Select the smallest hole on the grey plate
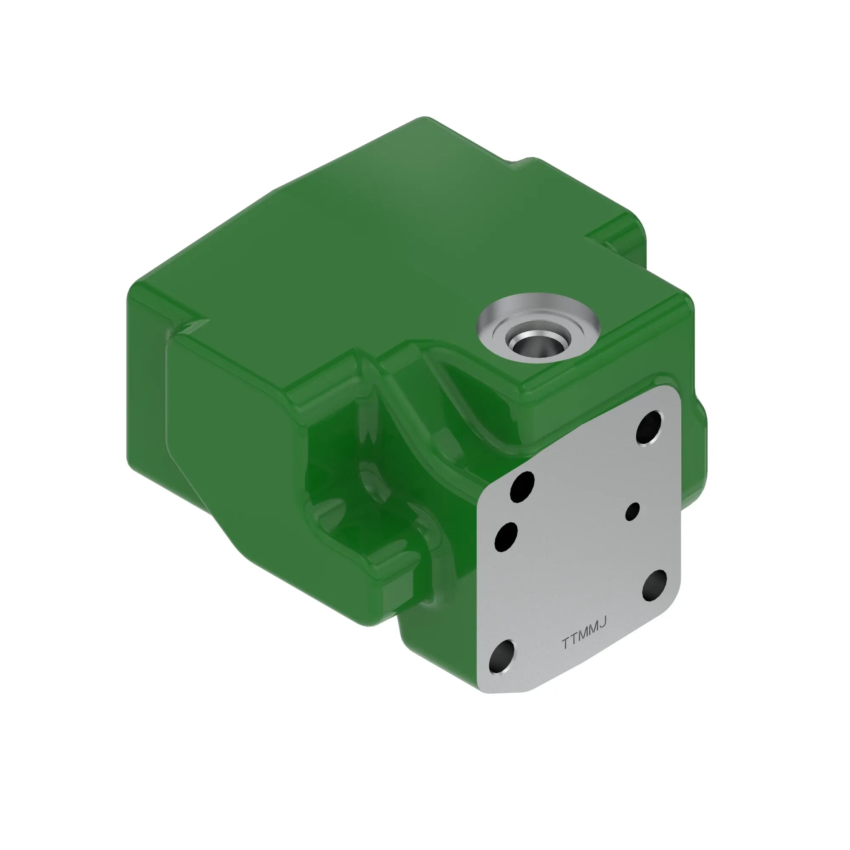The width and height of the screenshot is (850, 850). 633,511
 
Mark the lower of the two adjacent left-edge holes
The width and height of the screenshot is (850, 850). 506,536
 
